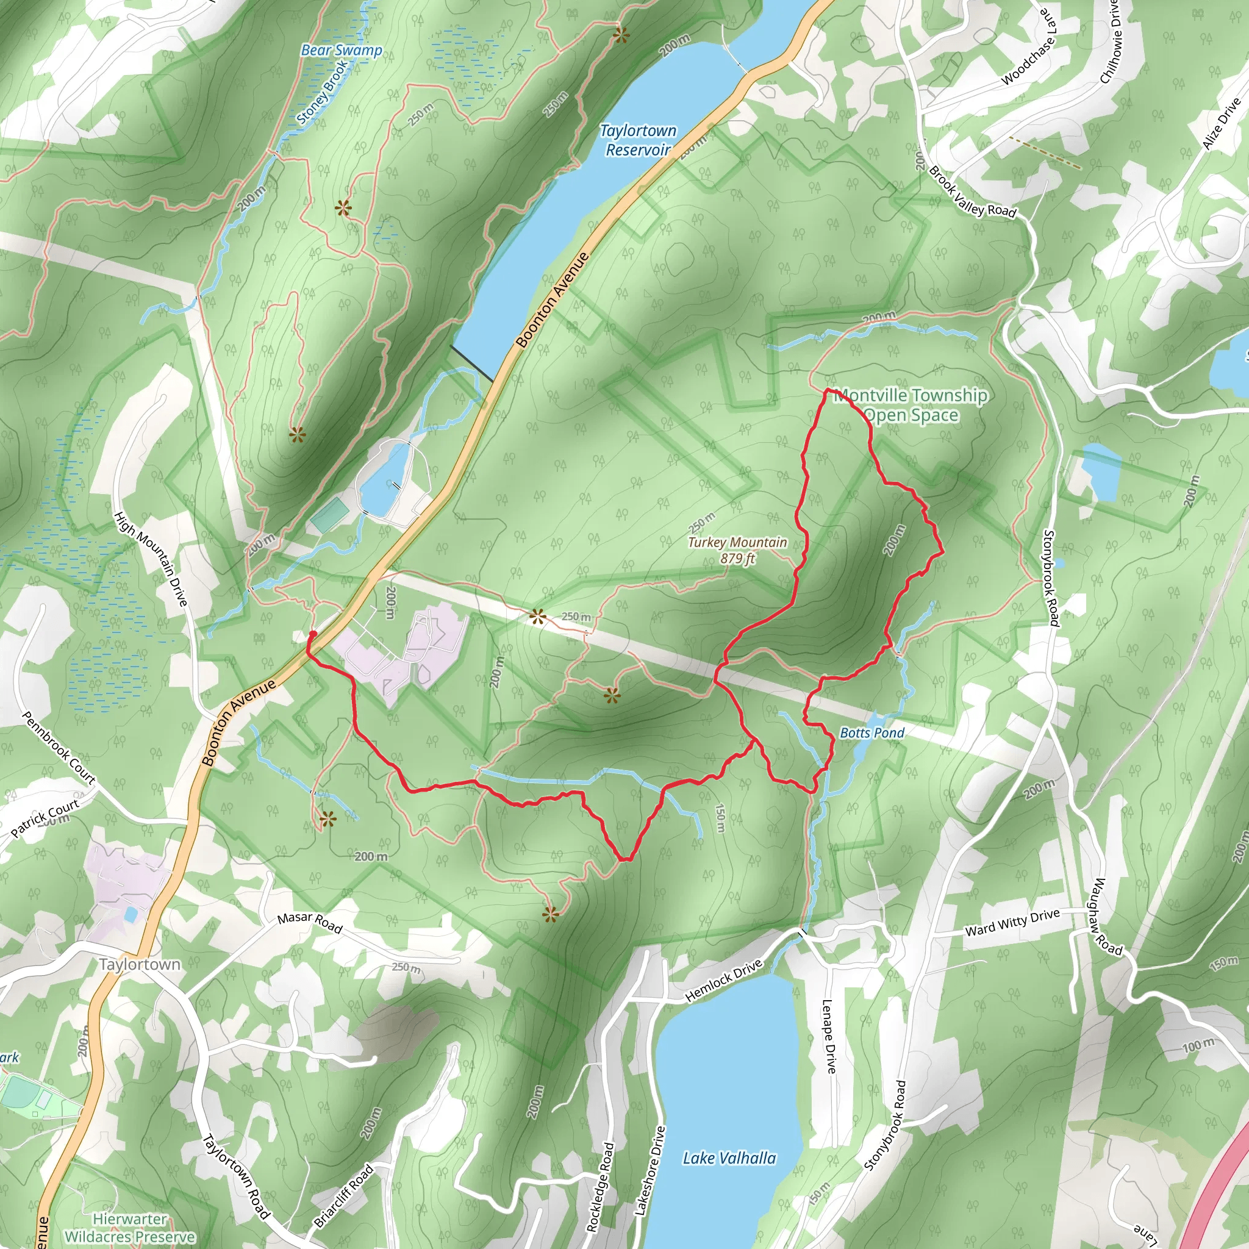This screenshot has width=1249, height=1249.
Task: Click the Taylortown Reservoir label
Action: pos(637,140)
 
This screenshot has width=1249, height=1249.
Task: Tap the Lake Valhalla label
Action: pos(729,1158)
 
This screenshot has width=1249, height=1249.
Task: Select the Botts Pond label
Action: pos(871,732)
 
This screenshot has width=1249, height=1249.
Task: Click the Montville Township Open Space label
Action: pos(911,406)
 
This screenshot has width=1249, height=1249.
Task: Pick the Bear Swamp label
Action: pos(342,51)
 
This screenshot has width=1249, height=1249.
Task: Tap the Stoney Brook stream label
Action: pos(322,92)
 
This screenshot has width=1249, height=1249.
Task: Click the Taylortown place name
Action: pos(140,964)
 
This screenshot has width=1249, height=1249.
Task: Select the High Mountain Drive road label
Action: pos(151,559)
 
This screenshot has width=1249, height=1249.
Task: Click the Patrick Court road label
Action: pos(45,818)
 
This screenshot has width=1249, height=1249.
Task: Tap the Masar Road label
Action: pos(310,923)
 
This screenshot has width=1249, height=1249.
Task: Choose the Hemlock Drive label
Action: pos(724,980)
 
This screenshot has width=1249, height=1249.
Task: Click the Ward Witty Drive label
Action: pos(1012,923)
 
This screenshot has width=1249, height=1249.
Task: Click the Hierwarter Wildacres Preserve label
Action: pos(130,1228)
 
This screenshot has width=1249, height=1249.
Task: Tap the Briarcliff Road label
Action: pos(344,1195)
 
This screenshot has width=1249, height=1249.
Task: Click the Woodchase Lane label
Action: pos(1031,51)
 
